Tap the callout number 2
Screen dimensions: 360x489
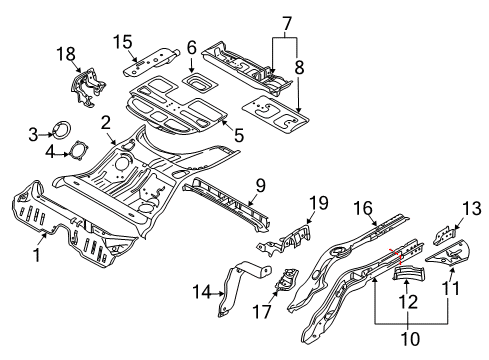[x=104, y=120]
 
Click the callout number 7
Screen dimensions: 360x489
[x=287, y=21]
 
